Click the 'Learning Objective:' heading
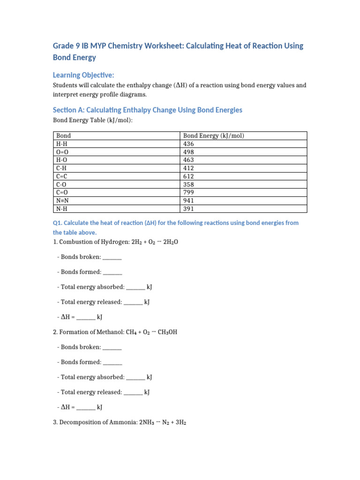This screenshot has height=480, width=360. point(83,75)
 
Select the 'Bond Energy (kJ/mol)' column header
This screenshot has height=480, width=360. point(214,136)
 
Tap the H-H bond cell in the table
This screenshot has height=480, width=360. point(61,144)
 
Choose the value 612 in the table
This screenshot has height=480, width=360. point(188,176)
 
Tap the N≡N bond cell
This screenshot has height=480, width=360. point(62,201)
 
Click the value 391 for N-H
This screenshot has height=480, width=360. point(188,209)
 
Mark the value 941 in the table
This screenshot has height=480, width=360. point(188,201)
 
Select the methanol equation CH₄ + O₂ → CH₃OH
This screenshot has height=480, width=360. point(151,332)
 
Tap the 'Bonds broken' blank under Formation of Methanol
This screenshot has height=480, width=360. point(112,347)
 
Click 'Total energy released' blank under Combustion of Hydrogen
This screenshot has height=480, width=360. point(133,302)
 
